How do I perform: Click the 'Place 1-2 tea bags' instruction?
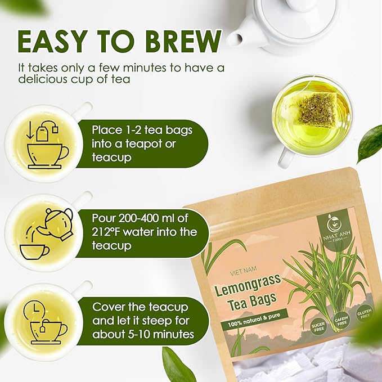tap(142, 130)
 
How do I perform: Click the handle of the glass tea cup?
tap(284, 158)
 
